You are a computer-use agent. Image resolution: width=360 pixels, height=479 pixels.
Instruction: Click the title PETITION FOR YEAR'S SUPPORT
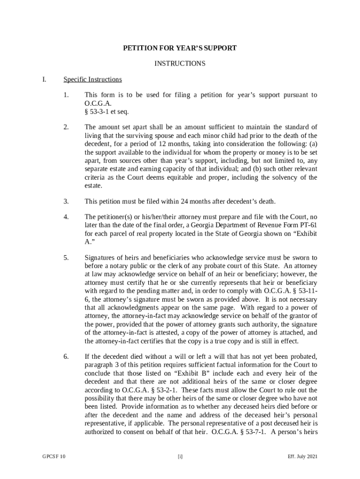[x=180, y=48]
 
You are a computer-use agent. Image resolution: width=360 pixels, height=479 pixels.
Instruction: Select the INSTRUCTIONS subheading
[x=180, y=64]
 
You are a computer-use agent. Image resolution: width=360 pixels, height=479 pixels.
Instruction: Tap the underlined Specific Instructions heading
[x=93, y=80]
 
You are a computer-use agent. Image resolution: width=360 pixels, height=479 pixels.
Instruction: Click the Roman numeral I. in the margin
[x=44, y=80]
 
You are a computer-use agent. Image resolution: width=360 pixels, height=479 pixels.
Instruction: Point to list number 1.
[x=66, y=95]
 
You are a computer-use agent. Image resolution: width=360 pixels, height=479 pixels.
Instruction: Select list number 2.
[x=66, y=127]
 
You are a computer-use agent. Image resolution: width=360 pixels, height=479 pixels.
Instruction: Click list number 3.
[x=66, y=202]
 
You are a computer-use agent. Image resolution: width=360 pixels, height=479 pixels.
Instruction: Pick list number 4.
[x=66, y=217]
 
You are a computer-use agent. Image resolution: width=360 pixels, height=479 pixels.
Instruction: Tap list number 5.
[x=66, y=257]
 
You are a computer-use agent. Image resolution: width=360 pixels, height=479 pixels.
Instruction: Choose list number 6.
[x=66, y=357]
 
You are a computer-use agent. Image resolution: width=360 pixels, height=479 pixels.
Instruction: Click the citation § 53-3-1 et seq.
[x=107, y=112]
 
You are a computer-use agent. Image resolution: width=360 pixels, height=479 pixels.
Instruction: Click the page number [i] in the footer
[x=180, y=457]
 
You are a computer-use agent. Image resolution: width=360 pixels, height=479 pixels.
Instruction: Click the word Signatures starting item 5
[x=100, y=257]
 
